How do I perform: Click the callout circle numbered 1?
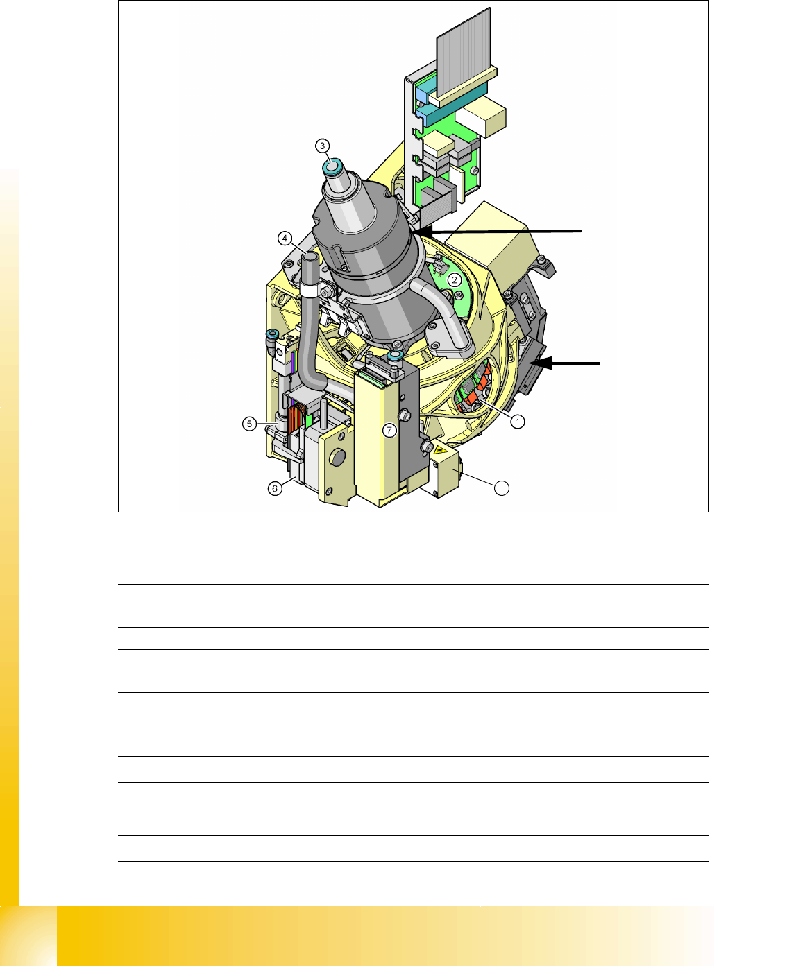[517, 422]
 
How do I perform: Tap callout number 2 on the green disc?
[455, 280]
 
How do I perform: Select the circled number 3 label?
[322, 146]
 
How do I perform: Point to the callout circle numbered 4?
[285, 239]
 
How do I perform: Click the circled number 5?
[249, 424]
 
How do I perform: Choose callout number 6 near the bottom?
[275, 488]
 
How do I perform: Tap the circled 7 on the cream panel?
[389, 431]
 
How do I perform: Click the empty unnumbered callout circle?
[501, 488]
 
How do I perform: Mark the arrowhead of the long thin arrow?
[420, 232]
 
